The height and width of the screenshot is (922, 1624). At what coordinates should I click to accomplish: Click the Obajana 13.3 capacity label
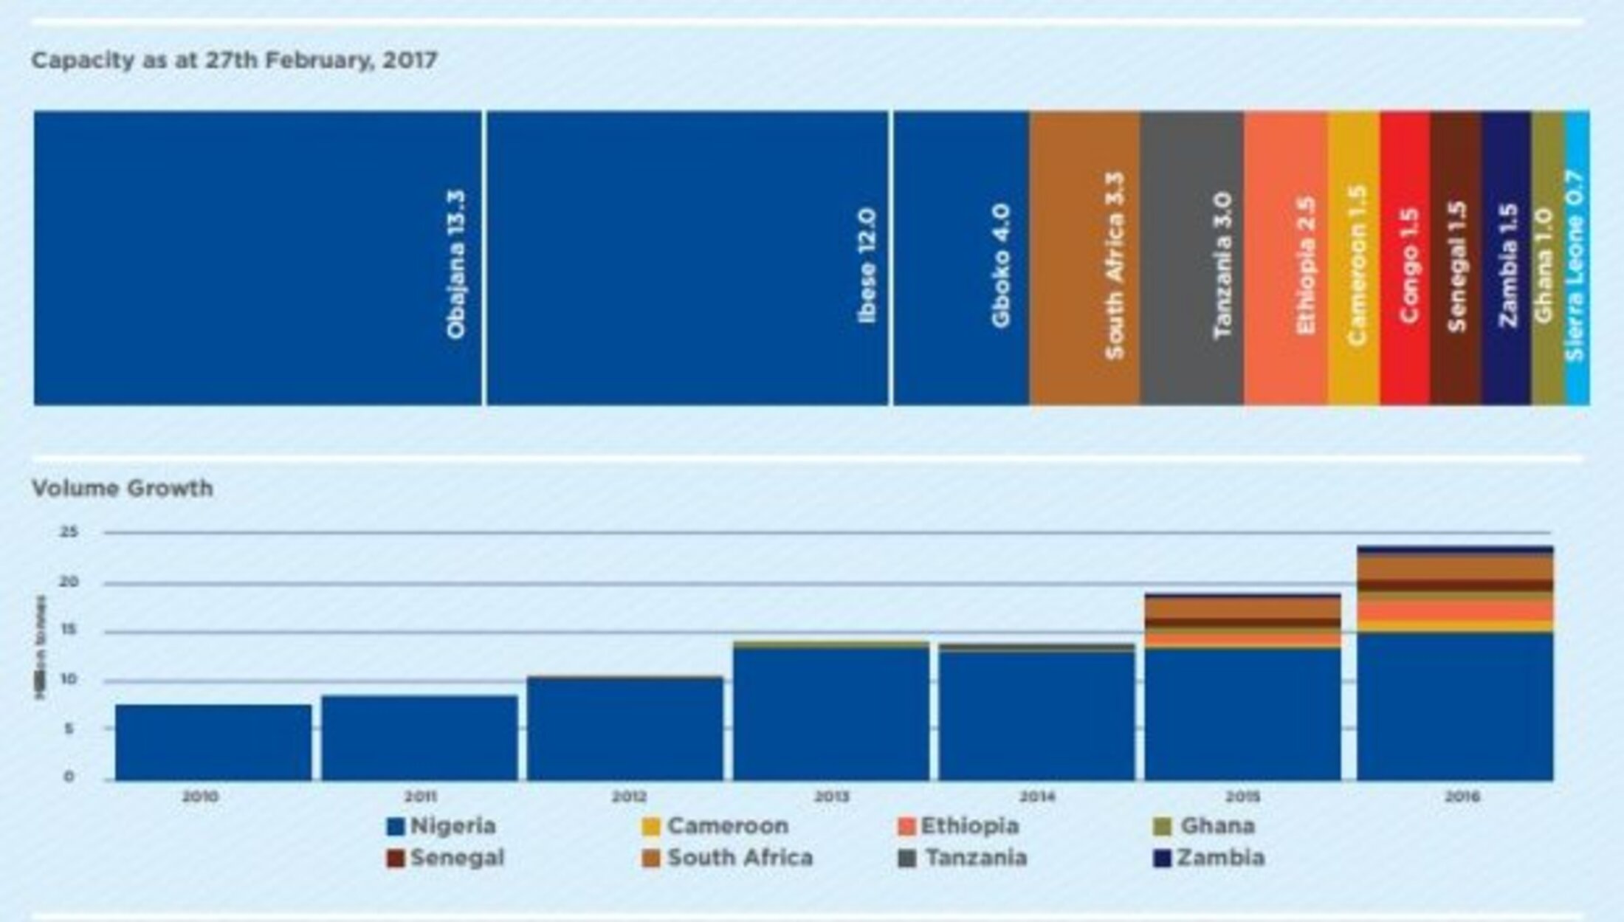[456, 264]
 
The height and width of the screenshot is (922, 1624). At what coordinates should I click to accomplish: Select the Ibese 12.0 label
[867, 266]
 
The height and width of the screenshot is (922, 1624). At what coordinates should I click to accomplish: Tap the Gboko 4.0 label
[1001, 266]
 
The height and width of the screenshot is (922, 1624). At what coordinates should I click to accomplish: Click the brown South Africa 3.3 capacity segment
[1084, 258]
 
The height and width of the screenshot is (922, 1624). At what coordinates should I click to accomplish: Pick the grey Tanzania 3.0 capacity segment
[1191, 258]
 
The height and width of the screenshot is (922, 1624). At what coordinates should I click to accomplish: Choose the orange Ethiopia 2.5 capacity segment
[1286, 258]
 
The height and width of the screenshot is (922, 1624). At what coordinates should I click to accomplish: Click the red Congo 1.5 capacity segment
[1405, 258]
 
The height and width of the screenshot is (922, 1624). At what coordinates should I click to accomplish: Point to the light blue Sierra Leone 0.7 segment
[1577, 258]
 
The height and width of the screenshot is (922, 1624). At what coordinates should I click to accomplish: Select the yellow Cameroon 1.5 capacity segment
[1354, 258]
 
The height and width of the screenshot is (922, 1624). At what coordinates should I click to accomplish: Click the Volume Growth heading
[123, 488]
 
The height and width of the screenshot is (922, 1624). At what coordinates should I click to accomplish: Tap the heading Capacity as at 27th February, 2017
[234, 60]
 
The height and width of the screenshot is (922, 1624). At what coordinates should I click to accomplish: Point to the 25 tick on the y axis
[69, 531]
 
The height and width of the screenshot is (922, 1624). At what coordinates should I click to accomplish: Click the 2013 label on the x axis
[832, 797]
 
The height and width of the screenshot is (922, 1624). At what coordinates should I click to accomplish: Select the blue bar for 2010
[213, 742]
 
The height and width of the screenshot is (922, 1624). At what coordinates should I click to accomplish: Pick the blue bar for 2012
[625, 728]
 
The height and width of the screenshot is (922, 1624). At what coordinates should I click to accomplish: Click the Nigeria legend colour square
[396, 826]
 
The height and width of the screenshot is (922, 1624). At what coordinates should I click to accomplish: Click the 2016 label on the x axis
[1462, 797]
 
